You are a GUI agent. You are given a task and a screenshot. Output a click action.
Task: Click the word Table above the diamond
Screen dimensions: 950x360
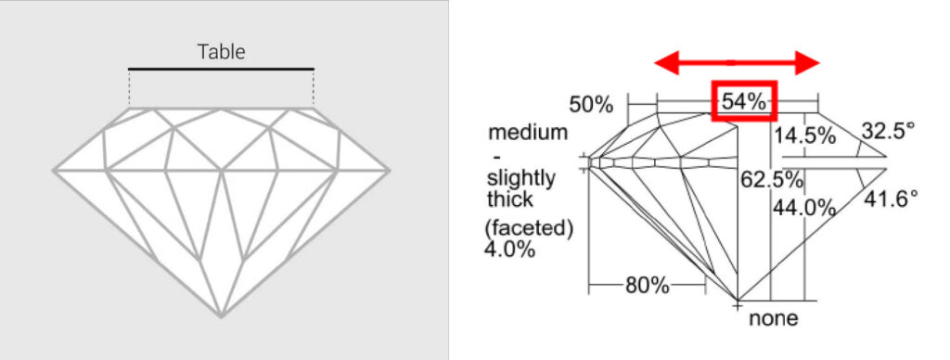pyautogui.click(x=222, y=52)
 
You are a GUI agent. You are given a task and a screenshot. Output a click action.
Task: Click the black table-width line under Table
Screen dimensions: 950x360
pyautogui.click(x=222, y=69)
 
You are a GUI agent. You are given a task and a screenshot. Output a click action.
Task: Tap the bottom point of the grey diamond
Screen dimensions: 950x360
pyautogui.click(x=222, y=316)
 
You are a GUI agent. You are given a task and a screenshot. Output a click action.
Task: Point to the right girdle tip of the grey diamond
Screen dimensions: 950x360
pyautogui.click(x=389, y=171)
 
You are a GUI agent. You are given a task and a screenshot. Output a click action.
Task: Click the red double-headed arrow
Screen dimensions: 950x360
pyautogui.click(x=738, y=62)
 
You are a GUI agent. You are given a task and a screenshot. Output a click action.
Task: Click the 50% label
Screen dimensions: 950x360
pyautogui.click(x=591, y=105)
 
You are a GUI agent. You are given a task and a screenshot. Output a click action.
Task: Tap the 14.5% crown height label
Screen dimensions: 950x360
pyautogui.click(x=806, y=135)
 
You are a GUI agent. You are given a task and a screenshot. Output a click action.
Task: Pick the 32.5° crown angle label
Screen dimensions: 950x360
pyautogui.click(x=888, y=130)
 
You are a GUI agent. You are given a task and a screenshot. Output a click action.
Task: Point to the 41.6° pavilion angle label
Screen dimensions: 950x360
pyautogui.click(x=890, y=198)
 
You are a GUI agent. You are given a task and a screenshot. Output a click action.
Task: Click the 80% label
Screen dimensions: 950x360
pyautogui.click(x=647, y=285)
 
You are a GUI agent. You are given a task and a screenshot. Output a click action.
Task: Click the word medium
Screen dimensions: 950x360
pyautogui.click(x=528, y=133)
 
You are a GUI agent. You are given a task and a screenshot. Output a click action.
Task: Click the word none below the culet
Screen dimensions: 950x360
pyautogui.click(x=774, y=319)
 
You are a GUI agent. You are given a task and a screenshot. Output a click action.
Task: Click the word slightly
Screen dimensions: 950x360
pyautogui.click(x=520, y=178)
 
